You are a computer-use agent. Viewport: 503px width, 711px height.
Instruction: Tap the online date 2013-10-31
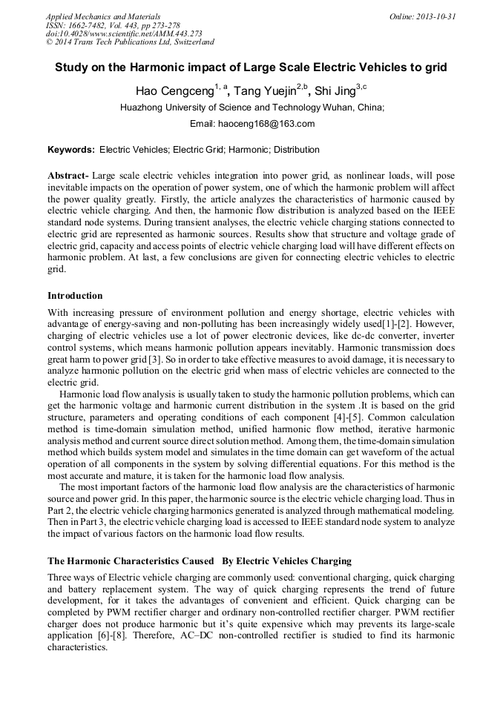tap(435, 16)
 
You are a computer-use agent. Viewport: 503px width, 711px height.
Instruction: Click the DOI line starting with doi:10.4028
tap(124, 33)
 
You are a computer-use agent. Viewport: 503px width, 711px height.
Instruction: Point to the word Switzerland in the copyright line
tap(191, 42)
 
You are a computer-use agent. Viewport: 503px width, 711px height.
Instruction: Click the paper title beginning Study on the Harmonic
tap(251, 67)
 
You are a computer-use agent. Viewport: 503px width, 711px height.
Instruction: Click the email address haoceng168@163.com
tap(272, 124)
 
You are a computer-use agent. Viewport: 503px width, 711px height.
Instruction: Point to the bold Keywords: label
tap(71, 150)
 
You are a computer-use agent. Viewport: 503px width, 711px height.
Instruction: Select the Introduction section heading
tap(76, 295)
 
